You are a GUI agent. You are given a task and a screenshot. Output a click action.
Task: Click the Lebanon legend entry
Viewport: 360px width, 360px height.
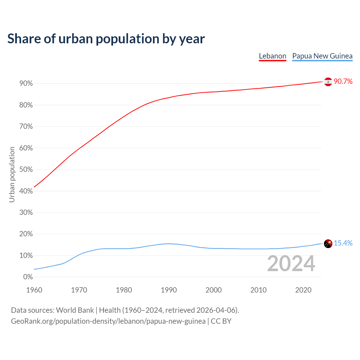272,56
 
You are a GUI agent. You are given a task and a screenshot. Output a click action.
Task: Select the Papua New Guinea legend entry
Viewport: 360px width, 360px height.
322,56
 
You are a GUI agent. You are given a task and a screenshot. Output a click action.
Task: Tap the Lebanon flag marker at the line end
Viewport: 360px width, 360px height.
328,82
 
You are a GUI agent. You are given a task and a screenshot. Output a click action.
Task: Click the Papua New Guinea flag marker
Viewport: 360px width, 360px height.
328,244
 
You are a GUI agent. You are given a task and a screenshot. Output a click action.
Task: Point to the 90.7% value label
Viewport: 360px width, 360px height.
343,82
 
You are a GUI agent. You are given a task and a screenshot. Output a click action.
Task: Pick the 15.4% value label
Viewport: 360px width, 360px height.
343,243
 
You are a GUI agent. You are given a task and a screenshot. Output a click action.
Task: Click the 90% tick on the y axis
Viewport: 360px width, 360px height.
26,84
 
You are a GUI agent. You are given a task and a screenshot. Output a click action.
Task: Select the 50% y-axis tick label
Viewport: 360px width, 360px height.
26,170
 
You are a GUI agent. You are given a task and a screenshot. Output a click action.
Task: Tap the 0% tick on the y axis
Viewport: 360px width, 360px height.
28,277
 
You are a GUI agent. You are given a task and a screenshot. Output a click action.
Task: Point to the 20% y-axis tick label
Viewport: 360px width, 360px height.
26,234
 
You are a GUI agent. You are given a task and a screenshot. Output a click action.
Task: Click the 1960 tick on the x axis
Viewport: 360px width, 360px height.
34,290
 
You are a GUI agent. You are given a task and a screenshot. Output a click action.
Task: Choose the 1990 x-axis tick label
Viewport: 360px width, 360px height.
169,290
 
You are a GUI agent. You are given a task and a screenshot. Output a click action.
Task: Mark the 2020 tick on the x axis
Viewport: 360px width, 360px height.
303,290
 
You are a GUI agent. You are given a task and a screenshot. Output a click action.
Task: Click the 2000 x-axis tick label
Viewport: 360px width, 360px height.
213,290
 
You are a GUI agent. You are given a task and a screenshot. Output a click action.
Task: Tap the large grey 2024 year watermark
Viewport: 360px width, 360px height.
291,264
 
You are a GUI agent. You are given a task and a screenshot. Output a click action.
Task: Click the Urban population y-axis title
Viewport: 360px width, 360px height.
12,174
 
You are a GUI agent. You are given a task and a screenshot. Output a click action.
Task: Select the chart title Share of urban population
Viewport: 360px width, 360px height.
106,39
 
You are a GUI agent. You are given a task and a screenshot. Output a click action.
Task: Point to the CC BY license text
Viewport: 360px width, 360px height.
221,321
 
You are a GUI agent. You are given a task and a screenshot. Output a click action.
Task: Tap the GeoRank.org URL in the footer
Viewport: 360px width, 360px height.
108,321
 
